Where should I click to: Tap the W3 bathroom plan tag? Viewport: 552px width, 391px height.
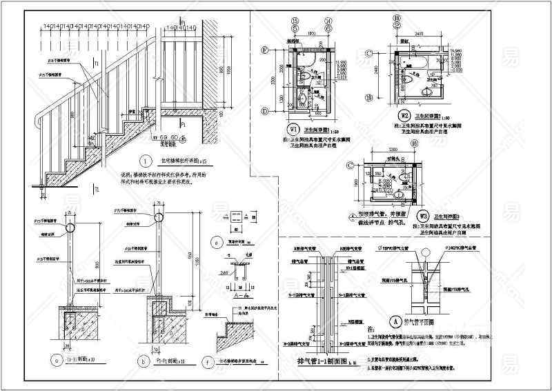click(424, 215)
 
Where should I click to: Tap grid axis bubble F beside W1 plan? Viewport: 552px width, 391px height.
click(265, 51)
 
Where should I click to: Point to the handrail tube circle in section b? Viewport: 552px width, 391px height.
click(158, 217)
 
